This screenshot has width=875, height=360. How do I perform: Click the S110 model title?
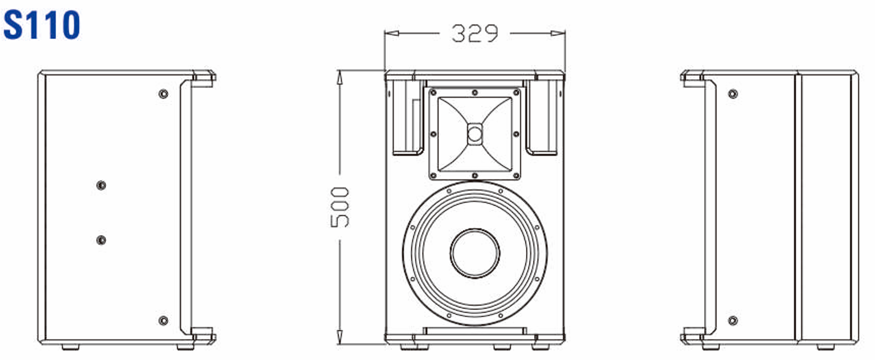pyautogui.click(x=41, y=26)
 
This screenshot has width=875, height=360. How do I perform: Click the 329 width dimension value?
pyautogui.click(x=474, y=34)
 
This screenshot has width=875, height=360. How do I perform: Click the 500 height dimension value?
pyautogui.click(x=340, y=207)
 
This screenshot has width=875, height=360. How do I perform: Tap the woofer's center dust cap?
pyautogui.click(x=475, y=253)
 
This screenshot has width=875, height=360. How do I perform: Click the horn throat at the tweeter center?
pyautogui.click(x=474, y=134)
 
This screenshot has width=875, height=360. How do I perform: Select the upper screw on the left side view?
pyautogui.click(x=164, y=94)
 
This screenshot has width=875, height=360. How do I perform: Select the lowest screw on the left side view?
pyautogui.click(x=164, y=320)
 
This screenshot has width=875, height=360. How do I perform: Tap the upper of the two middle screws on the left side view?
pyautogui.click(x=101, y=185)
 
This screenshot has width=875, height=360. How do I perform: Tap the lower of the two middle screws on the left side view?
pyautogui.click(x=101, y=240)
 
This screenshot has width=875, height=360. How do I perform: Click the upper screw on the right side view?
pyautogui.click(x=732, y=94)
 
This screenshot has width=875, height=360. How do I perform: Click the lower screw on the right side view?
pyautogui.click(x=732, y=320)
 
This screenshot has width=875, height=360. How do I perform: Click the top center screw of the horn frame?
pyautogui.click(x=474, y=93)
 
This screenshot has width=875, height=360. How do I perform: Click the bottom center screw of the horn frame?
pyautogui.click(x=474, y=175)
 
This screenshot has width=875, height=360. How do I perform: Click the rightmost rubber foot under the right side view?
pyautogui.click(x=826, y=347)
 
